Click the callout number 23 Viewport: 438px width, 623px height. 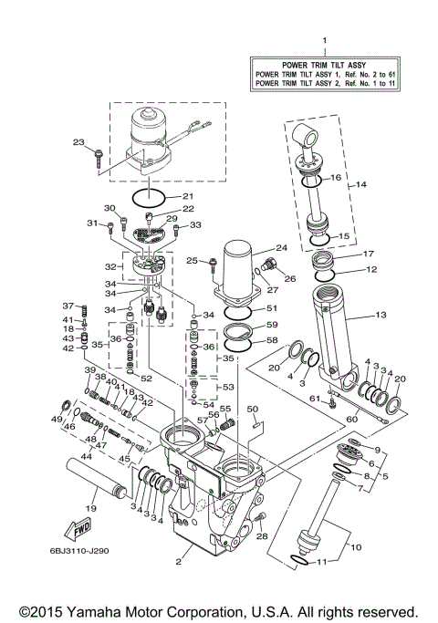click(78, 141)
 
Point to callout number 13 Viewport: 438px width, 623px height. click(381, 316)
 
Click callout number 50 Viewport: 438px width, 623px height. click(253, 410)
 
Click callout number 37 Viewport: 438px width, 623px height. click(68, 306)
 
